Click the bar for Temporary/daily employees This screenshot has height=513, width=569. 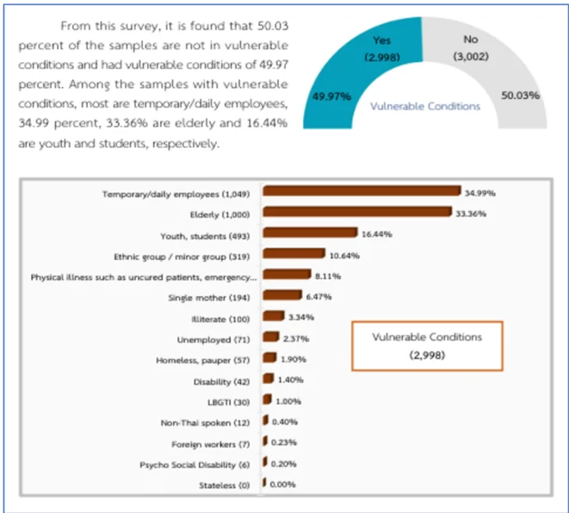click(362, 192)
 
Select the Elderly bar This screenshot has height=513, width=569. click(356, 213)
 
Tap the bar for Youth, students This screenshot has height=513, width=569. click(309, 233)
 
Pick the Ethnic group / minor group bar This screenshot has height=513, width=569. click(294, 254)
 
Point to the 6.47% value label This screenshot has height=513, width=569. click(317, 296)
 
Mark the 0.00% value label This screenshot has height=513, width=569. click(283, 485)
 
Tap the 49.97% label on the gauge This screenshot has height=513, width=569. click(332, 96)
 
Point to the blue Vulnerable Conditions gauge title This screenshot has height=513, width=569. click(425, 106)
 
